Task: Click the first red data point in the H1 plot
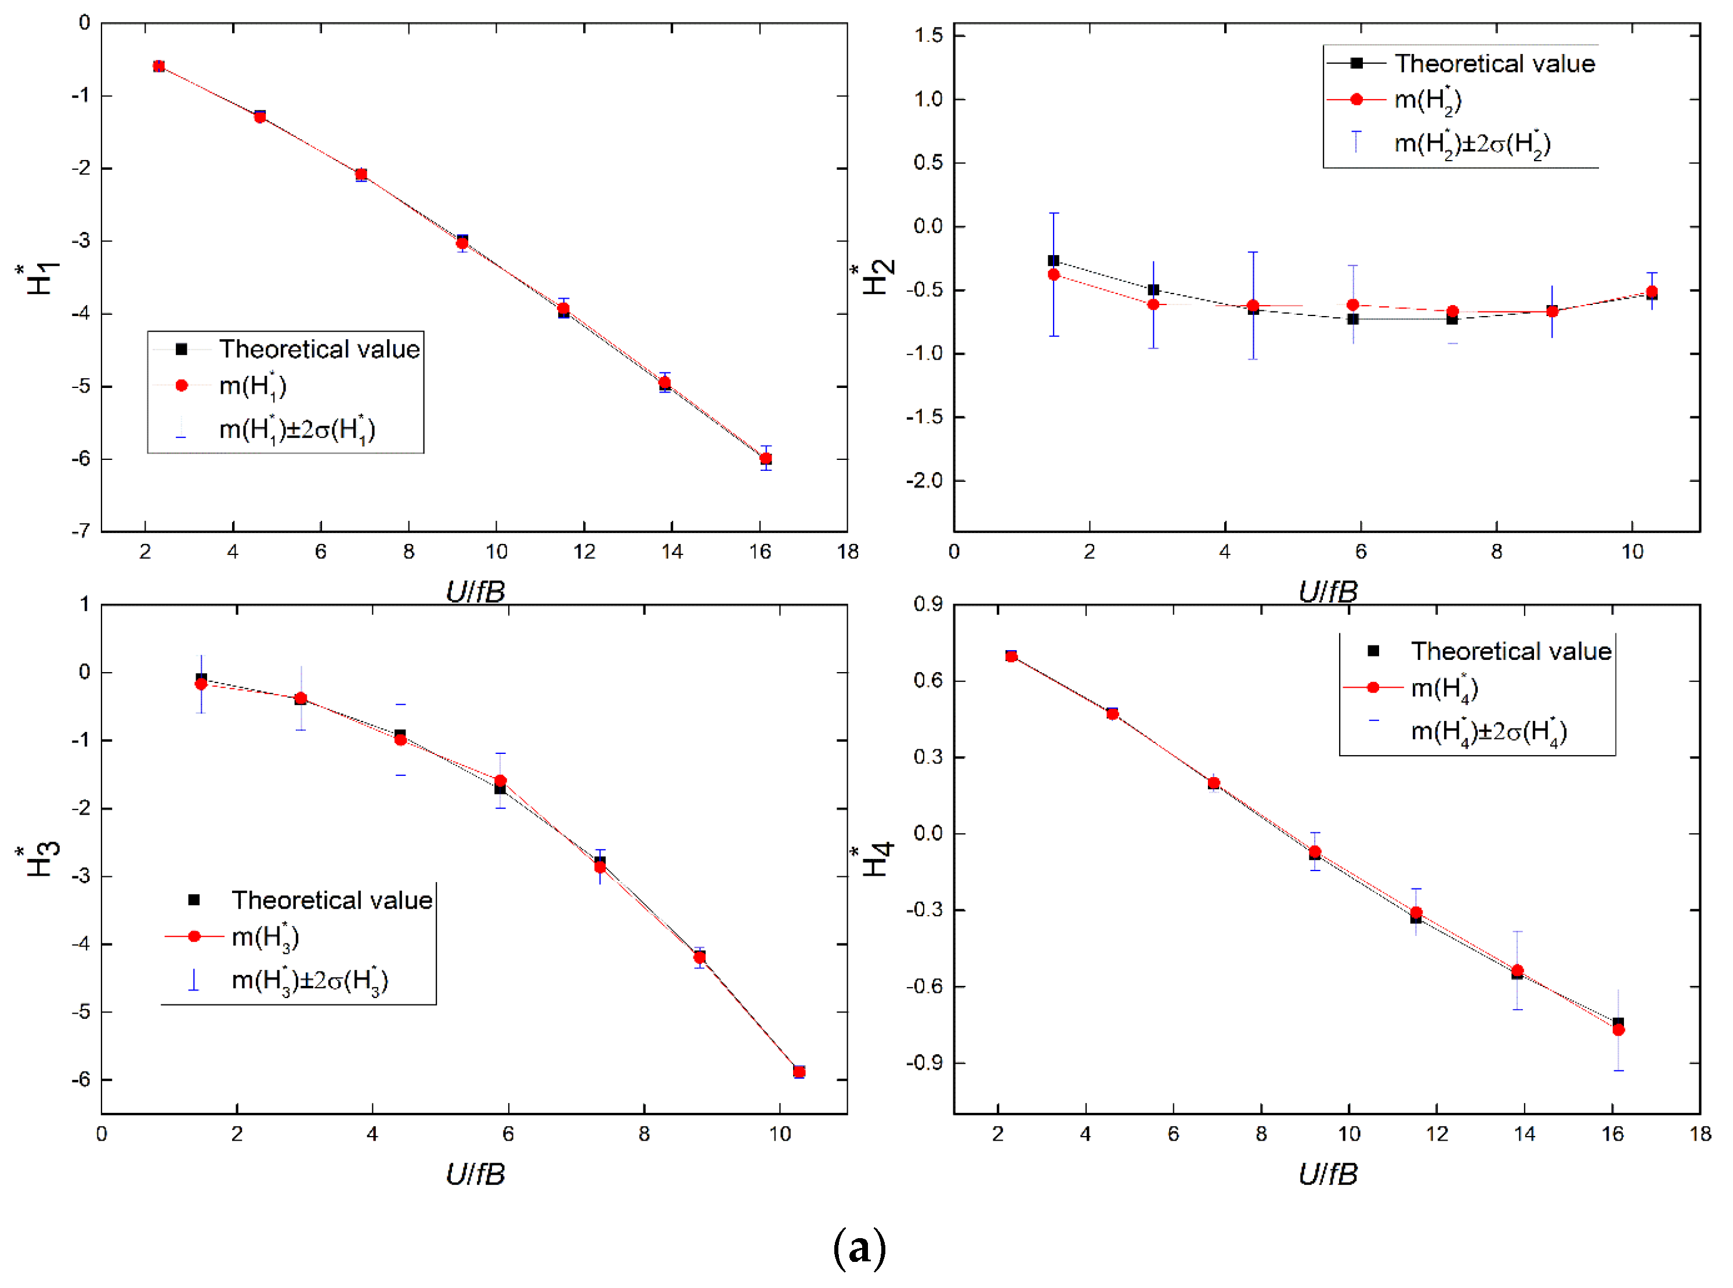tap(158, 66)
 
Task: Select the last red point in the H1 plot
tap(766, 459)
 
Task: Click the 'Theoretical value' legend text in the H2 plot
tap(1495, 63)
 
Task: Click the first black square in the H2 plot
tap(1054, 260)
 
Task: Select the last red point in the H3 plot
tap(799, 1072)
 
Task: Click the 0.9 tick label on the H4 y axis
tap(928, 604)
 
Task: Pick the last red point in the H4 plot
tap(1618, 1030)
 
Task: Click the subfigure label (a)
tap(859, 1248)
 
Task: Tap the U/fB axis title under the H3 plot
tap(475, 1173)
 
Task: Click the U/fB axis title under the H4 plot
tap(1327, 1173)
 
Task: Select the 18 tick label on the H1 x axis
tap(848, 552)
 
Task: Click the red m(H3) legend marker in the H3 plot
tap(194, 937)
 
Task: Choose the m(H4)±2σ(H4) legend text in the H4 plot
tap(1489, 731)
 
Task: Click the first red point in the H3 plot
tap(201, 684)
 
